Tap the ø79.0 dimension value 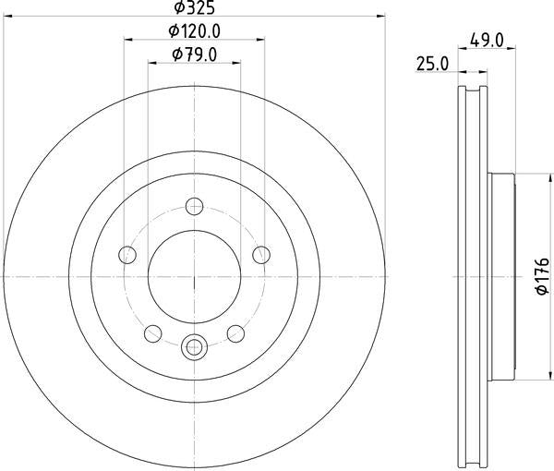pyautogui.click(x=195, y=55)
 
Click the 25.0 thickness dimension pyautogui.click(x=433, y=64)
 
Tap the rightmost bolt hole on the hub pyautogui.click(x=261, y=255)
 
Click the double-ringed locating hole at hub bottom pyautogui.click(x=194, y=347)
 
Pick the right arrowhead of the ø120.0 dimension pyautogui.click(x=261, y=40)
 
